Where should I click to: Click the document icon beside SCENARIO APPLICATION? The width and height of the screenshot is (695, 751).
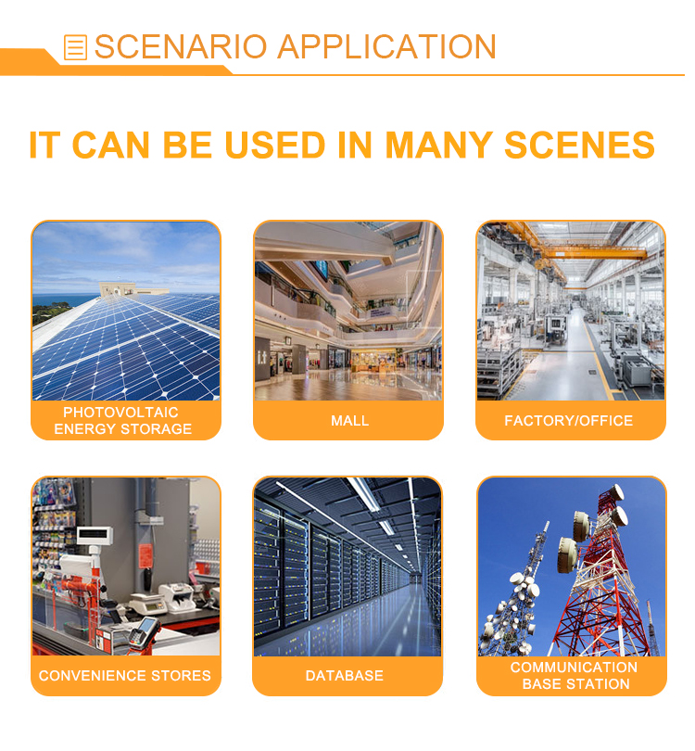click(x=75, y=47)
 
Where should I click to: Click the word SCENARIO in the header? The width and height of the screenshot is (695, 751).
click(x=181, y=47)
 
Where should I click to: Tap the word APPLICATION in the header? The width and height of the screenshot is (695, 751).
click(x=386, y=47)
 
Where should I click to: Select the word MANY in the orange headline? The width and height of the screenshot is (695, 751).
click(x=438, y=145)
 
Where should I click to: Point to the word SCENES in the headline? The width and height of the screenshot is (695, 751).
click(x=579, y=145)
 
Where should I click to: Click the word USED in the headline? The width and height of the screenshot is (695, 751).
click(x=274, y=145)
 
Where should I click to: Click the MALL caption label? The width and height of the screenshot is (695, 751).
click(x=350, y=421)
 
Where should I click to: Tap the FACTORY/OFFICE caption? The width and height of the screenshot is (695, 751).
click(x=569, y=421)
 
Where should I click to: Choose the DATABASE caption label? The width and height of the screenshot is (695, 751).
click(x=345, y=675)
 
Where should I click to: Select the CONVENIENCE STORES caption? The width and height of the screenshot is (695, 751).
click(x=125, y=675)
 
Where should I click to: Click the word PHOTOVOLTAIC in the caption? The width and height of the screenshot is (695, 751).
click(x=120, y=413)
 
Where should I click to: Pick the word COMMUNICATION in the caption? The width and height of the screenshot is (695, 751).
click(x=574, y=668)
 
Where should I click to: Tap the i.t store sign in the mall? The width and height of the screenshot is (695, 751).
click(x=262, y=357)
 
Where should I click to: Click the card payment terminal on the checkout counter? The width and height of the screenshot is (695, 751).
click(x=145, y=631)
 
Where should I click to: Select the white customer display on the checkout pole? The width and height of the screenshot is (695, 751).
click(x=95, y=535)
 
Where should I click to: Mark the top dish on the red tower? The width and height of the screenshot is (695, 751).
click(x=616, y=493)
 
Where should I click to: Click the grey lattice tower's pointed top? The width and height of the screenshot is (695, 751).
click(x=548, y=524)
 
